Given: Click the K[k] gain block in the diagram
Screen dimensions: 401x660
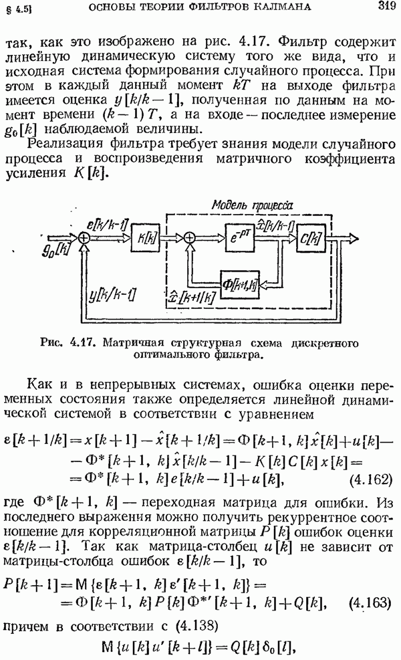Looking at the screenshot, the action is coord(145,238).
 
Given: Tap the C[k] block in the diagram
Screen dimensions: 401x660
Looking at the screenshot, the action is coord(311,238).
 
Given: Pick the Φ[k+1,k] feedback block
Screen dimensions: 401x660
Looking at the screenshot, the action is coord(239,284).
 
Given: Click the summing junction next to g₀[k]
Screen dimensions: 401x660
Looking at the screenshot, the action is coord(85,238).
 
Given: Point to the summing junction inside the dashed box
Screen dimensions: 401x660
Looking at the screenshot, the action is coord(190,238).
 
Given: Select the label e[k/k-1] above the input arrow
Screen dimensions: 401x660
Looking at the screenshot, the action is coord(107,225).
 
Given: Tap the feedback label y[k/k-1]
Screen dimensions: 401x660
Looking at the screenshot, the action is coord(112,296).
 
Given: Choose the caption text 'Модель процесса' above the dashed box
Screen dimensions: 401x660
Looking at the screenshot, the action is coord(252,205).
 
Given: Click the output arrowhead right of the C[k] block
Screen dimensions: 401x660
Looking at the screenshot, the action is coord(353,238).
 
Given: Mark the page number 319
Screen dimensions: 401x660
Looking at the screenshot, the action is coord(386,5).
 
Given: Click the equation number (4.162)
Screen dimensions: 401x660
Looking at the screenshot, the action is coord(371,479).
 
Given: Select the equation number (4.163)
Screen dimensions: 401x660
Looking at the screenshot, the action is coord(370,602).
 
